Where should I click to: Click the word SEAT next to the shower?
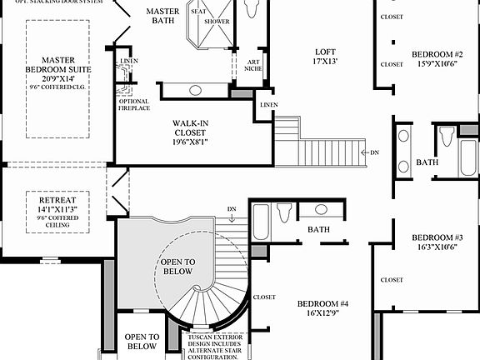pos(198,12)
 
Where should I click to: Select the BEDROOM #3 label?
pos(437,237)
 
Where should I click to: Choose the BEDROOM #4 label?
pos(322,304)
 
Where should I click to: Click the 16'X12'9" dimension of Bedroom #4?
pos(322,315)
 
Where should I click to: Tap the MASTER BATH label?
pos(162,17)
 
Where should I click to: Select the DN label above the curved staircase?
pos(231,208)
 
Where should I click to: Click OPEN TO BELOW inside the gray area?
pos(176,266)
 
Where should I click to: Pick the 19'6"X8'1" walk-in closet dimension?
pos(190,142)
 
